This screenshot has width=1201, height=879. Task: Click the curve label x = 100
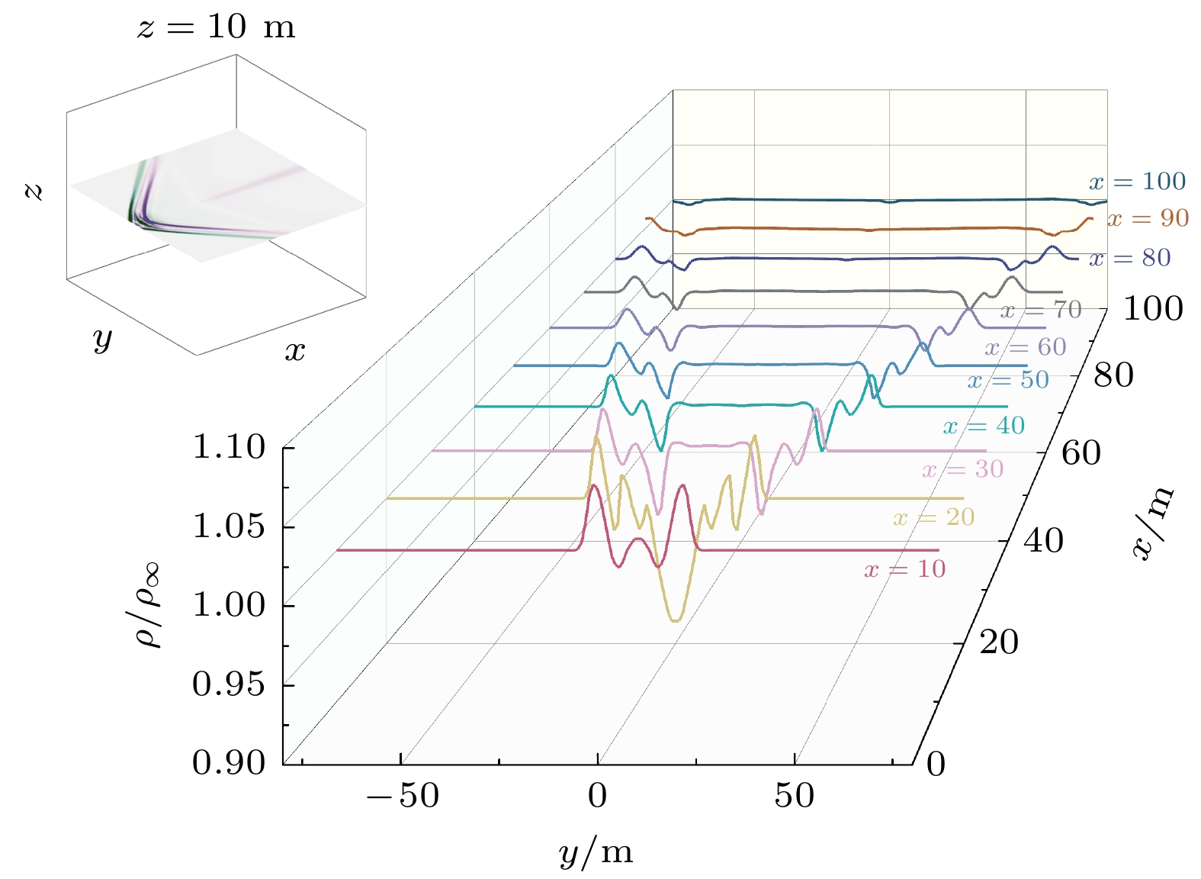pos(1137,182)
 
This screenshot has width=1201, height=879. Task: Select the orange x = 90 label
pos(1148,219)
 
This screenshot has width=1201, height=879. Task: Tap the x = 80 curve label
pos(1129,258)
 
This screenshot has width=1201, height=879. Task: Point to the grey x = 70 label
pos(1041,310)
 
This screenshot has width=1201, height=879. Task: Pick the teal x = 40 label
pos(984,426)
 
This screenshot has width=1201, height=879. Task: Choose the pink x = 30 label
pos(962,469)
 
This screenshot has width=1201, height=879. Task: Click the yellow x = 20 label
pos(934,517)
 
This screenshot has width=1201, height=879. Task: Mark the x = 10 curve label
pos(905,569)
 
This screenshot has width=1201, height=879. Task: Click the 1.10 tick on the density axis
pos(229,447)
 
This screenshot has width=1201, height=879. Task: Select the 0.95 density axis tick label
pos(229,684)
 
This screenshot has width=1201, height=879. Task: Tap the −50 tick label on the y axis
pos(402,797)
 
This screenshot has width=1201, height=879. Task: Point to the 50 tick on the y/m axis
pos(795,797)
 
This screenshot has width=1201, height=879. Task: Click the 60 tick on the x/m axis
pos(1081,453)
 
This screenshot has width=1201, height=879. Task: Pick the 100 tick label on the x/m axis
pos(1153,309)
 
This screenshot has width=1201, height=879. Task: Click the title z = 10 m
pos(216,27)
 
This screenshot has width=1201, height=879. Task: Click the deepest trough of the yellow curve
pos(675,620)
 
